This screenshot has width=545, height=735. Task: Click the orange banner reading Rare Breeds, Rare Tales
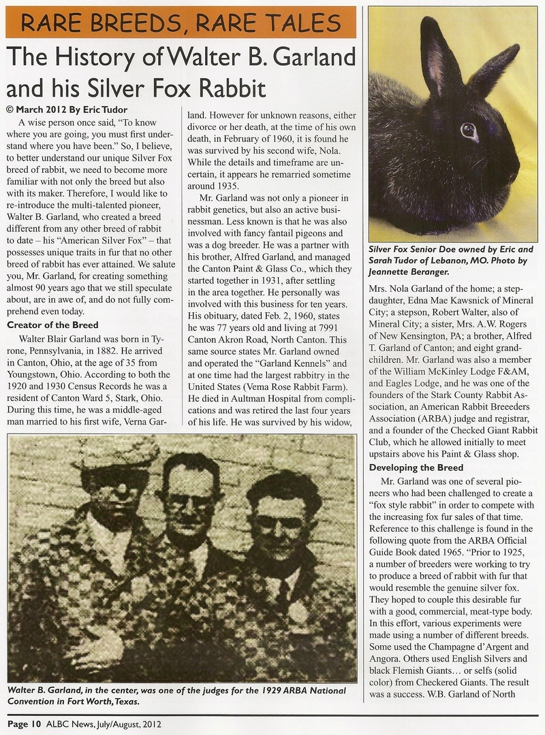(181, 22)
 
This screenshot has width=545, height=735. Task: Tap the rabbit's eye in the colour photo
(469, 131)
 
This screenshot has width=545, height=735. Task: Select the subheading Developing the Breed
(416, 468)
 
